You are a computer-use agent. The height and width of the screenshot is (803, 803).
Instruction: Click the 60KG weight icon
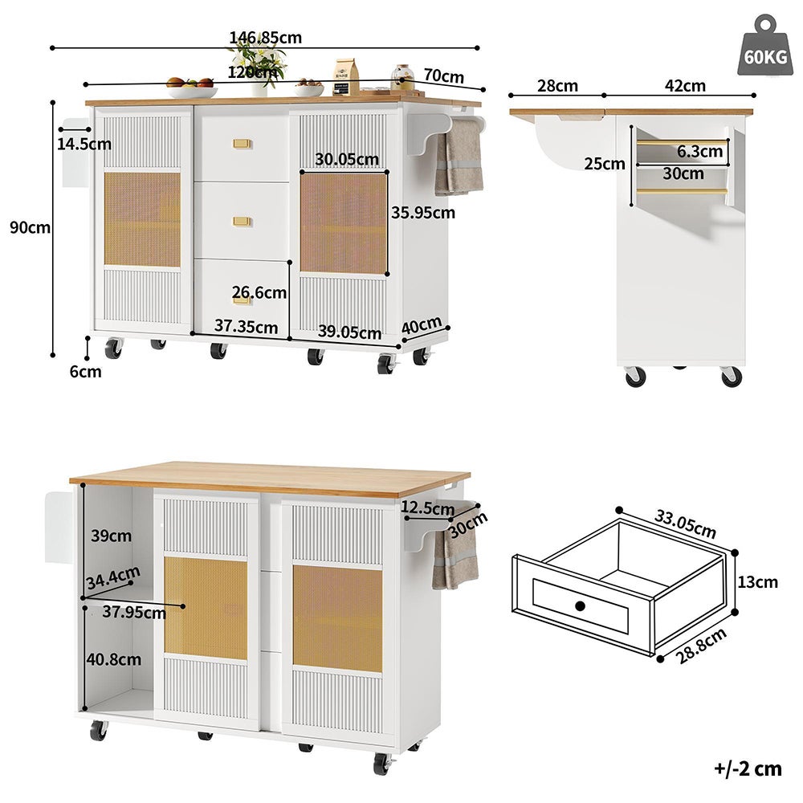tap(764, 49)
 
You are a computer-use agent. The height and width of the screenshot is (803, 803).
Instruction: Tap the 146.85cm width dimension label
tap(265, 38)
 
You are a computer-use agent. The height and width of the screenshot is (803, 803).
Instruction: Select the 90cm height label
tap(30, 227)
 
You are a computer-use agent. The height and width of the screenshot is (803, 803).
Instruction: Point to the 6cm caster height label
tap(85, 371)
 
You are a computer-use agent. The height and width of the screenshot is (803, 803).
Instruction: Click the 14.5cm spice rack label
tap(84, 144)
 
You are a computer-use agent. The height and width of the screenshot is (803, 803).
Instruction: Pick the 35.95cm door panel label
tap(422, 213)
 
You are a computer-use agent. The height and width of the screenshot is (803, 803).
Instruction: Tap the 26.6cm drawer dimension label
tap(259, 292)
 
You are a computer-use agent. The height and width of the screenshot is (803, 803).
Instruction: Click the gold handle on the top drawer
tap(243, 144)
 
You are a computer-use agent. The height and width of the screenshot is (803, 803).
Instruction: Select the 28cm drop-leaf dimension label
tap(557, 86)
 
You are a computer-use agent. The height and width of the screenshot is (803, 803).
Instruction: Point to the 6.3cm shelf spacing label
tap(699, 151)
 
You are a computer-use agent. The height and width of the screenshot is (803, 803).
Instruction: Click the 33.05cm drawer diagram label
tap(684, 524)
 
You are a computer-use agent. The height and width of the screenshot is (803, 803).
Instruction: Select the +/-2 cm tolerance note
tap(747, 768)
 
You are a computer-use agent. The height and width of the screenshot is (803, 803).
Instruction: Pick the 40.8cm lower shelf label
tap(113, 659)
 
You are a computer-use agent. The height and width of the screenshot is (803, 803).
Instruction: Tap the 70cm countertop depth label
tap(443, 76)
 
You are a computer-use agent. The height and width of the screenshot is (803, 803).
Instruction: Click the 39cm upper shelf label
tap(110, 535)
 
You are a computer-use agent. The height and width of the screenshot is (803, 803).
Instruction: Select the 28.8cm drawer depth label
tap(697, 645)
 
